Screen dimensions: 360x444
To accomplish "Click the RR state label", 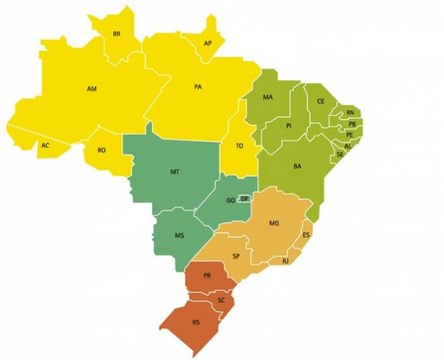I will point(117,34).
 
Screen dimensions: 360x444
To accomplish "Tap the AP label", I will point(208,44).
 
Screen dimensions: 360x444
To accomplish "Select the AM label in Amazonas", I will point(91,90).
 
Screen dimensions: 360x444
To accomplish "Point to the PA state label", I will point(198,88).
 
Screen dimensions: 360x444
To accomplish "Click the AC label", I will point(45,146).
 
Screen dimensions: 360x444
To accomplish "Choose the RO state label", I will point(101,150).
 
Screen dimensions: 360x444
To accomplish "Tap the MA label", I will point(268,97).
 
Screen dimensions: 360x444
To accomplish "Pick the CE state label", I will point(321,101).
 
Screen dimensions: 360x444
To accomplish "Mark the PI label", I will point(288,127).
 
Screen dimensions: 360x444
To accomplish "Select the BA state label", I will point(297,166).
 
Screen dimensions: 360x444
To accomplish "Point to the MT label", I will point(175,172).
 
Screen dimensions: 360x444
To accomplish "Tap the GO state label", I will point(231,200).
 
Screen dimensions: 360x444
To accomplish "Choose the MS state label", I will point(180,236).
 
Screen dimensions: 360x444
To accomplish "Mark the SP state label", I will point(236,256).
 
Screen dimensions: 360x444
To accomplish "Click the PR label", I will point(207,275).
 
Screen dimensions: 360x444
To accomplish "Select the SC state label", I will point(221,300).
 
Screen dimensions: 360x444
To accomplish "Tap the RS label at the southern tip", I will point(195,323).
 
